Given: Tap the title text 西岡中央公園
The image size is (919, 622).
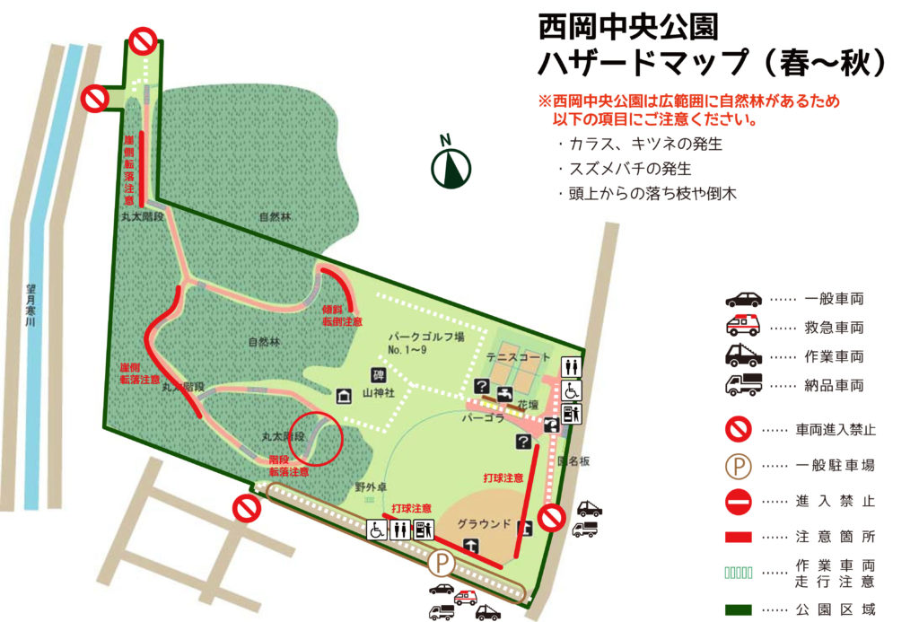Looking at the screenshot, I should click(627, 27).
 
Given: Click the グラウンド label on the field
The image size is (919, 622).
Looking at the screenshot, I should click(483, 523).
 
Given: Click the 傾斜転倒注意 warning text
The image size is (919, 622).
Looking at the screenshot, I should click(342, 315).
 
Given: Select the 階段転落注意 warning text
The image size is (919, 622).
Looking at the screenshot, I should click(289, 465).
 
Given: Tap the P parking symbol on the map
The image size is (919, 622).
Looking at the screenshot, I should click(441, 565).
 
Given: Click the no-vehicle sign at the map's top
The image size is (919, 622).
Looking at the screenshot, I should click(143, 40).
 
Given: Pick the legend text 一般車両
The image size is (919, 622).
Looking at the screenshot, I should click(834, 299).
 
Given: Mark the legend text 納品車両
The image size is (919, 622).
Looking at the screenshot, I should click(834, 386).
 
